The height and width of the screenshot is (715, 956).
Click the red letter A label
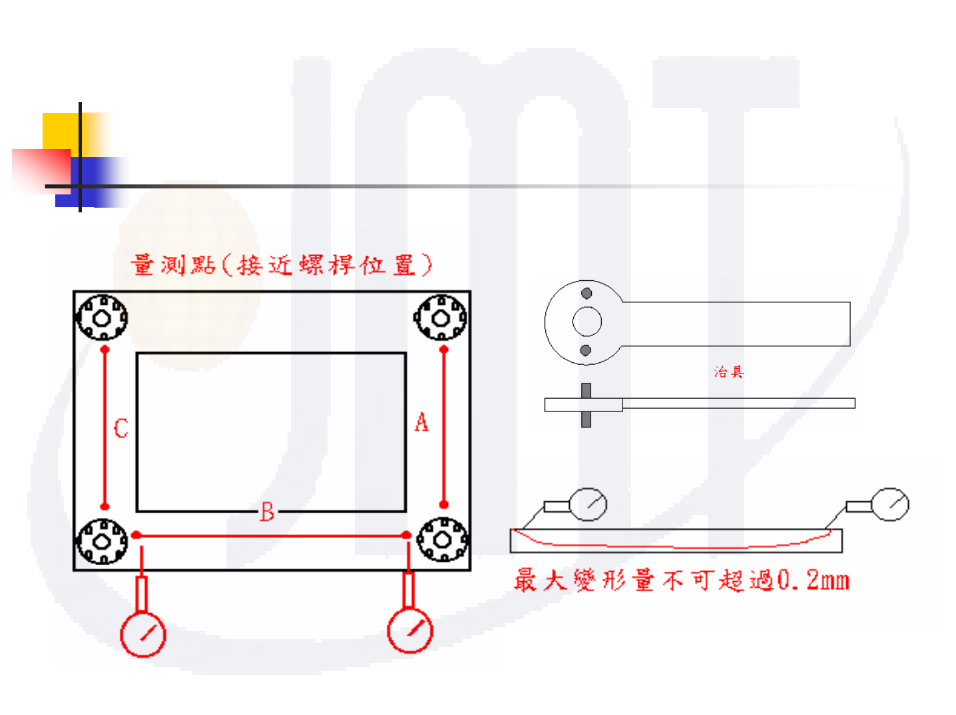pos(421,423)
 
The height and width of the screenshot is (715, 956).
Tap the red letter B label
pos(267,512)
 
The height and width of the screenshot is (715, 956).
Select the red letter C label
pos(120,428)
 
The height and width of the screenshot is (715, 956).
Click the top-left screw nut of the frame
pos(102,318)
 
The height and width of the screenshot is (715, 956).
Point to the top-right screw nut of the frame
pos(440,318)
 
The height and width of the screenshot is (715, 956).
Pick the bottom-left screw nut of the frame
pos(102,541)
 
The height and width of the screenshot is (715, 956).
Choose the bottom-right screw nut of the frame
pos(442,539)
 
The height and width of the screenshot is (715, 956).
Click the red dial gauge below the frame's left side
pos(142,634)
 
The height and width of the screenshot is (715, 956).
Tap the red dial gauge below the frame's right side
pos(410,630)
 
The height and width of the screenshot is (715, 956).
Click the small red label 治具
pos(728,372)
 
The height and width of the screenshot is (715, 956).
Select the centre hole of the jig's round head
pos(587,322)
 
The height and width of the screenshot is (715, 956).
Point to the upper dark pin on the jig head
pos(587,294)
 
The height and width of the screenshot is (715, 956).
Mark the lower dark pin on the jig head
pos(586,350)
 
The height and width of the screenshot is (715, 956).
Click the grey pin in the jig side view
pos(586,405)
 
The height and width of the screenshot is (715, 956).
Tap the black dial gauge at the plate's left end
pos(589,504)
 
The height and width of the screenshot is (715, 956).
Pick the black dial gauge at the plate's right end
pos(890,504)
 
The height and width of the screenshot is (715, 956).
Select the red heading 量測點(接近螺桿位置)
pos(282,265)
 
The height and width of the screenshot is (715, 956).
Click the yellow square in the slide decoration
pos(62,132)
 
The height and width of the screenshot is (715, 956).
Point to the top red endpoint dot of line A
pos(444,350)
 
